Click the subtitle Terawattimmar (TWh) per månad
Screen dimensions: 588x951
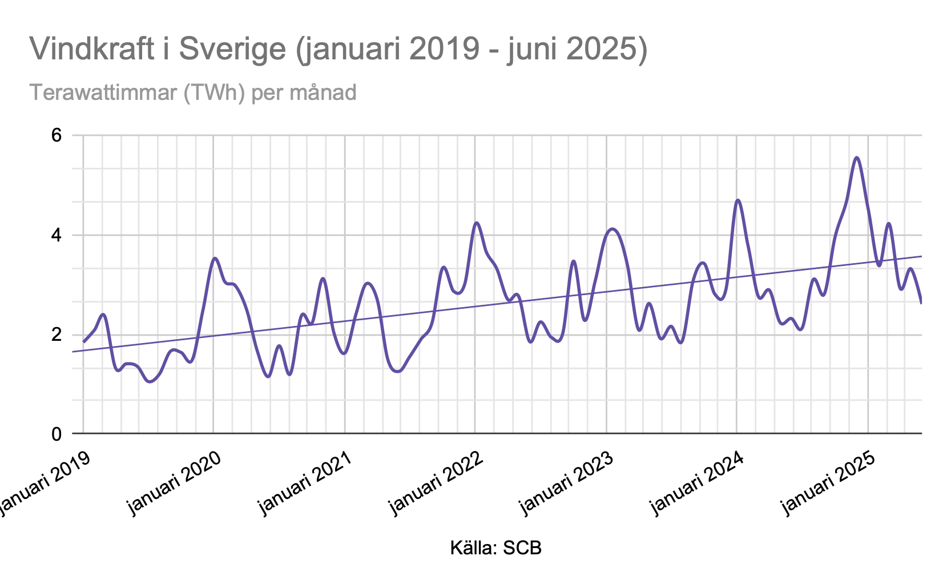[193, 92]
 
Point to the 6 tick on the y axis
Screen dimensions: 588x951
[57, 136]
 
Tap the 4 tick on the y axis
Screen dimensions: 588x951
[57, 235]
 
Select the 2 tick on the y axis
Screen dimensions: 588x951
[57, 335]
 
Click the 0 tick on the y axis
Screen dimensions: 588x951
[57, 434]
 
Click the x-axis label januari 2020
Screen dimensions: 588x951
[175, 483]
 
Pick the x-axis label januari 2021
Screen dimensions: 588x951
[305, 483]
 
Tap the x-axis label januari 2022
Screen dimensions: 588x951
[436, 483]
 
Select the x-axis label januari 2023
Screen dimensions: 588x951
[566, 483]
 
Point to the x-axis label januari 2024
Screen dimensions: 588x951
[697, 483]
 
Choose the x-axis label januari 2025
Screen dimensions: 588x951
[828, 483]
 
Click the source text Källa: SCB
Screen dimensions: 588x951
[495, 548]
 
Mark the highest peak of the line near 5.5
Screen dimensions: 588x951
[857, 158]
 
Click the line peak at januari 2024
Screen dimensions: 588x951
[738, 200]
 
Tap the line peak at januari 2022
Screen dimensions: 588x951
[477, 223]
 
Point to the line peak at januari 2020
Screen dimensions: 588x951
[215, 258]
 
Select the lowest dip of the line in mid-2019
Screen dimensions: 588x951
[150, 381]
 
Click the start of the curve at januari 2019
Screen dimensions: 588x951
[84, 341]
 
